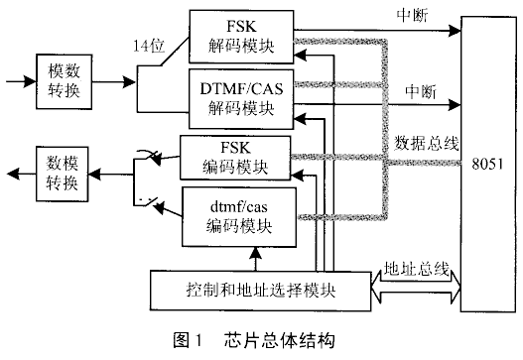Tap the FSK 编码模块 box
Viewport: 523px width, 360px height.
(235, 160)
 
